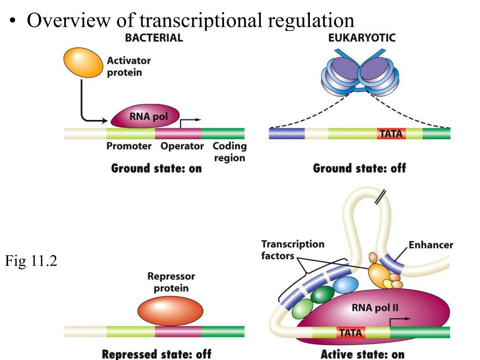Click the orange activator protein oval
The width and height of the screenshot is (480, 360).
83,62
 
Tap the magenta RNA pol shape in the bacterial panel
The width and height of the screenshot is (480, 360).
145,116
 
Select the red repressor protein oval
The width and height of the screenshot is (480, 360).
170,311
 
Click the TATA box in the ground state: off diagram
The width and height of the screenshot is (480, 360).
391,134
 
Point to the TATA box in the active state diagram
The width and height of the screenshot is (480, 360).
351,332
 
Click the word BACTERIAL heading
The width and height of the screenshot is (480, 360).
154,37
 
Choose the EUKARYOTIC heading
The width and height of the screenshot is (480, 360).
362,37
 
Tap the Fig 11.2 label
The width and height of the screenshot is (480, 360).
31,261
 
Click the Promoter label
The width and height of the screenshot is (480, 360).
129,146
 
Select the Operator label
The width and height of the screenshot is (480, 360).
182,146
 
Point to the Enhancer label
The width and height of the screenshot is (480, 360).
431,245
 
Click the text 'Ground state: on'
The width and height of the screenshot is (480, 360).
157,168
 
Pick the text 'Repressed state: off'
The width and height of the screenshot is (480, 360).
157,354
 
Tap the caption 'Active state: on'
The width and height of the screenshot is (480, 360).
362,354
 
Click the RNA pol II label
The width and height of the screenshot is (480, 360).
375,307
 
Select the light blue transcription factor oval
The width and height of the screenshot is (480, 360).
345,285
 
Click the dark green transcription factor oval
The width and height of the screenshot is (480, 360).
322,294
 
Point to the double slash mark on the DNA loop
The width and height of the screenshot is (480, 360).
380,197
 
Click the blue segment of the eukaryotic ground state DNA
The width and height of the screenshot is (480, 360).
287,134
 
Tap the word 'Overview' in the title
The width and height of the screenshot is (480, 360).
68,21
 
